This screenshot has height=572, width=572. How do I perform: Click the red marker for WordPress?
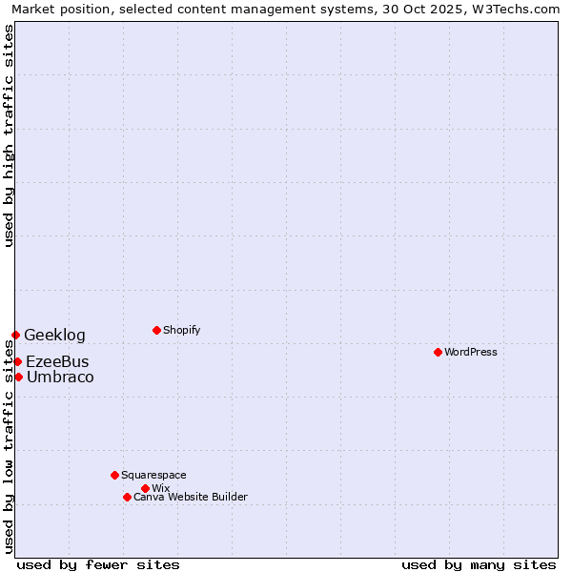(x=438, y=352)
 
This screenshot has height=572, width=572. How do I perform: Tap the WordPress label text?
(x=471, y=352)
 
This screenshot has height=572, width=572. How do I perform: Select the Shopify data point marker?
(x=156, y=330)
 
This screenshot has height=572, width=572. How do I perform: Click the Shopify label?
(x=182, y=330)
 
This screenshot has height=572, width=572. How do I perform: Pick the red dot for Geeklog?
(x=15, y=335)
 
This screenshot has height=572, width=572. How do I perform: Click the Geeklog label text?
(x=54, y=335)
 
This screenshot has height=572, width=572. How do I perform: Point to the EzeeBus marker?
(x=17, y=361)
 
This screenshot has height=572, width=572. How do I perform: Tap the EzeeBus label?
(x=57, y=361)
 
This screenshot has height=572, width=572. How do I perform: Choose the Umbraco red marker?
(x=18, y=377)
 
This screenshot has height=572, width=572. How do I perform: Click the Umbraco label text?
(x=60, y=377)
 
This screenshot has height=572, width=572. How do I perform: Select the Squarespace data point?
(x=114, y=475)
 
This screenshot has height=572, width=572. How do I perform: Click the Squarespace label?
(x=153, y=475)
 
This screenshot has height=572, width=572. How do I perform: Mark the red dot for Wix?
(x=145, y=488)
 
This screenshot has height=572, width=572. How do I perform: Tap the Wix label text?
(x=160, y=488)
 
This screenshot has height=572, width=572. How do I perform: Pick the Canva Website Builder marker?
(x=127, y=497)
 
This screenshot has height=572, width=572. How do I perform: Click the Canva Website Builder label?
(x=191, y=497)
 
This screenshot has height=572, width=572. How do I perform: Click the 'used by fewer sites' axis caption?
(x=98, y=564)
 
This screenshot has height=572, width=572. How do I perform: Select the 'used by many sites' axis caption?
(x=479, y=564)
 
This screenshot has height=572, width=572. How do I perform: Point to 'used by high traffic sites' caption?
(x=9, y=135)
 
